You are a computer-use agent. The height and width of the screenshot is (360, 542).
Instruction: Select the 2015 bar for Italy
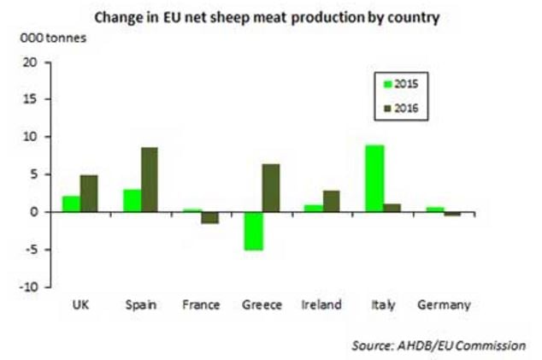(374, 179)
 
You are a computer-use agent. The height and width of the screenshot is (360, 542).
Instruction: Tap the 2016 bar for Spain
(149, 180)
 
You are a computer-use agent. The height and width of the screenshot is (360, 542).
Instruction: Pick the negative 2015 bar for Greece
(254, 231)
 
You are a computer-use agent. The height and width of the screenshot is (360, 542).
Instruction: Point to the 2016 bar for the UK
(90, 193)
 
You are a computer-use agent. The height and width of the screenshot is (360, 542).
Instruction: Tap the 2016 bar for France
(209, 217)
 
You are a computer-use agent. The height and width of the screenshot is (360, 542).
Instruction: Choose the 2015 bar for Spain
(133, 200)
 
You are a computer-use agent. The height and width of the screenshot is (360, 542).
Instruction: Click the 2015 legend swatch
(380, 84)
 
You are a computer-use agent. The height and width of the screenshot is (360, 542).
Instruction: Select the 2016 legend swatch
(380, 108)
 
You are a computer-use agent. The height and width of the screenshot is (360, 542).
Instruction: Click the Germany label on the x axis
(442, 305)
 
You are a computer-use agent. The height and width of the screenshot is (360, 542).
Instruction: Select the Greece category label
(262, 305)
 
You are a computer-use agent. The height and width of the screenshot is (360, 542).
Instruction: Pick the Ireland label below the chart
(322, 305)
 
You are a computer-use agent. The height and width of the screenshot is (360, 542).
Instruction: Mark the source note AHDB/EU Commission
(438, 345)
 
